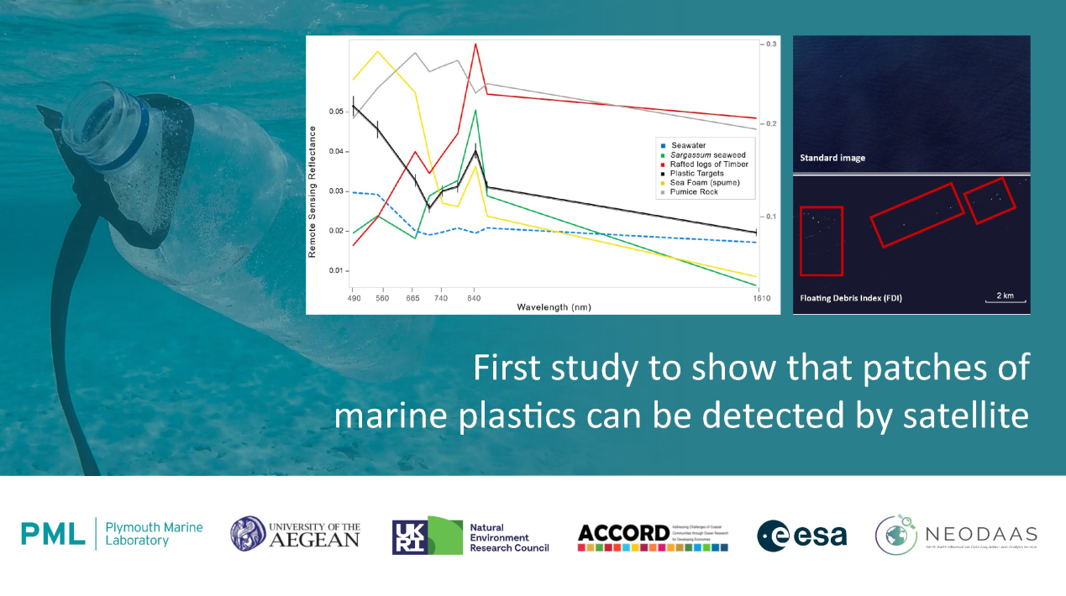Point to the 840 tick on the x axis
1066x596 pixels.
474,298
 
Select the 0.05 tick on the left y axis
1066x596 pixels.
335,112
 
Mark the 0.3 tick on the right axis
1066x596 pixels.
771,42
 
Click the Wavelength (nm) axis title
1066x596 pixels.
554,308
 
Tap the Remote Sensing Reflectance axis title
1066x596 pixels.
312,191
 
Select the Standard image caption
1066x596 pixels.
832,158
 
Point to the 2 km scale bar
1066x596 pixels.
1004,298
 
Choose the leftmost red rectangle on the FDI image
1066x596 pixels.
821,240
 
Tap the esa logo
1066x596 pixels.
801,535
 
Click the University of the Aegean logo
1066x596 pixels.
295,534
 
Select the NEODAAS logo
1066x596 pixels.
956,535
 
